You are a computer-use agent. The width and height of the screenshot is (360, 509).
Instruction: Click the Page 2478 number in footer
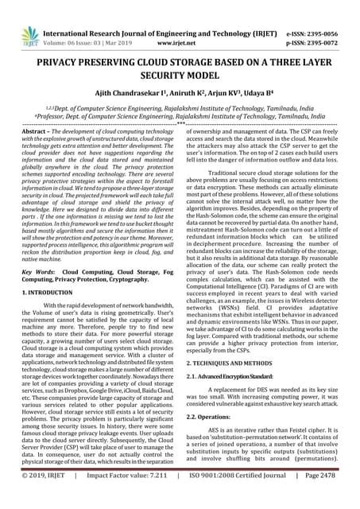click(x=331, y=499)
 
